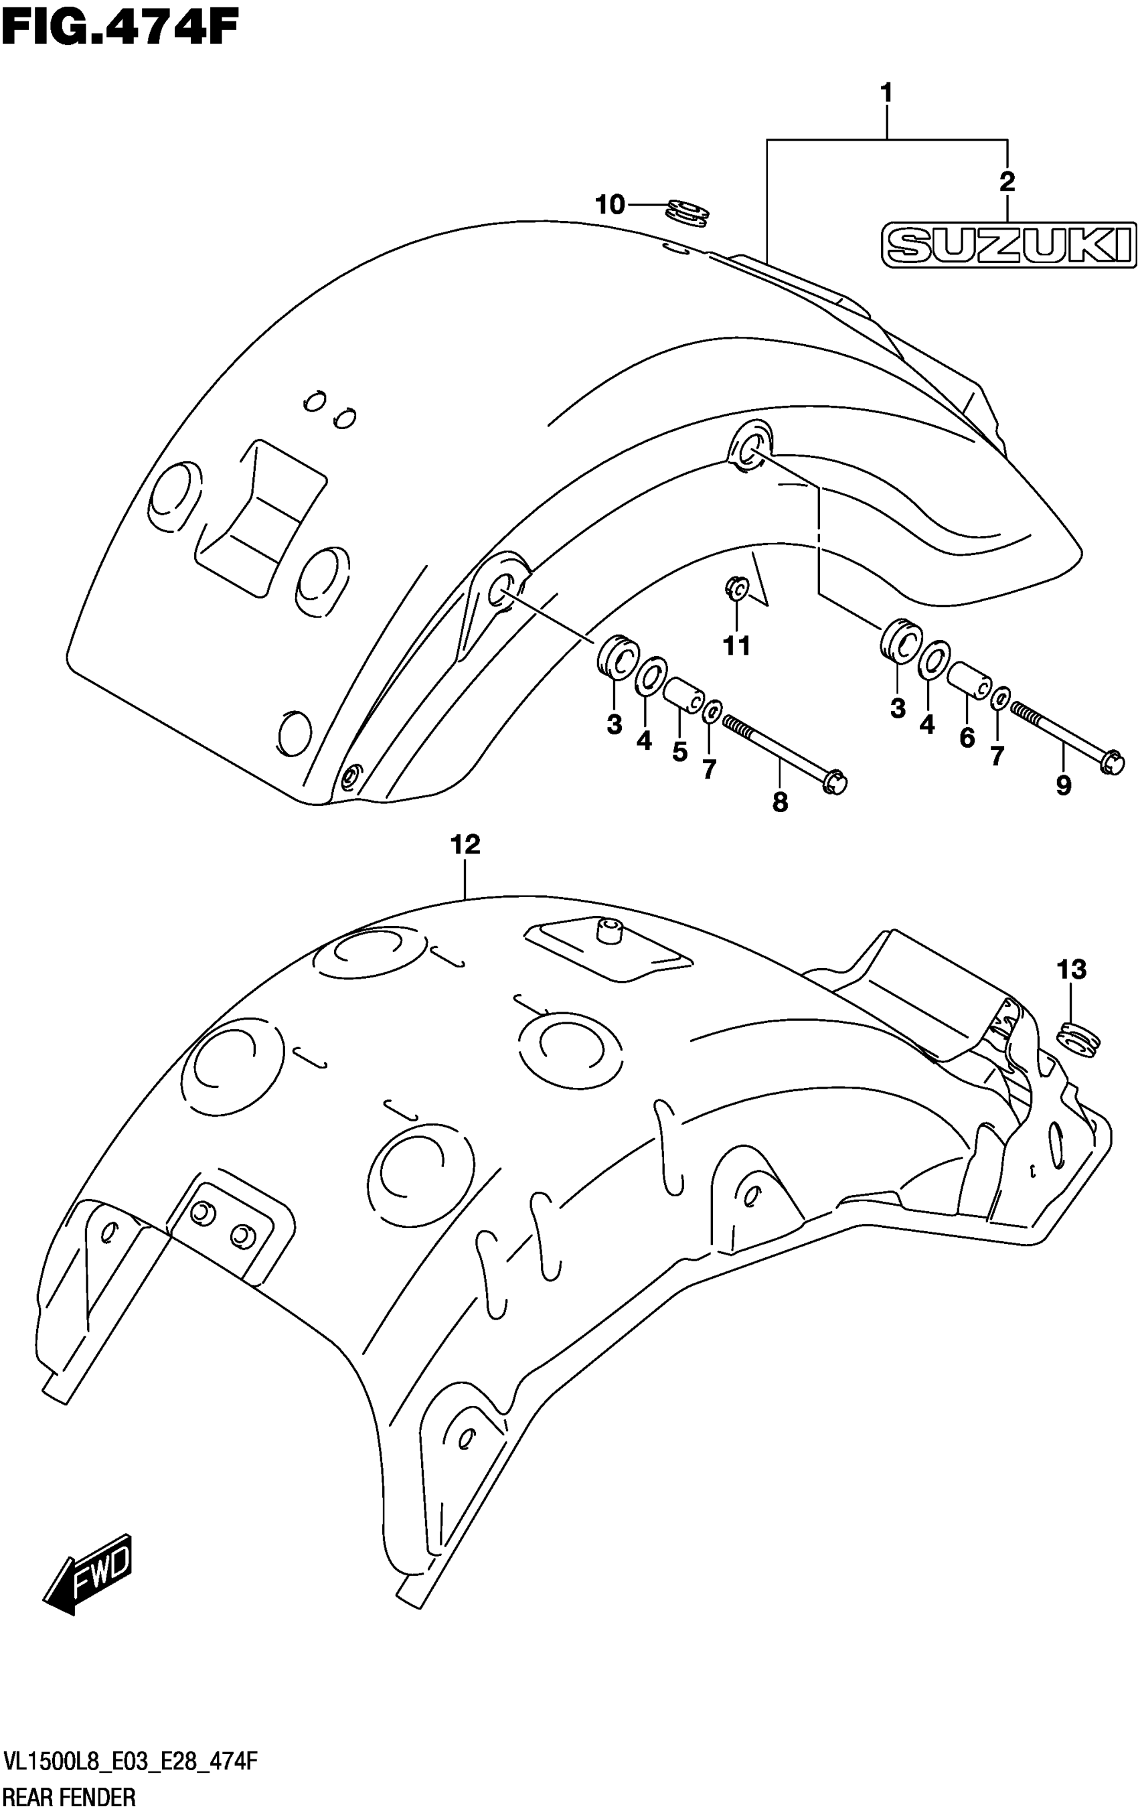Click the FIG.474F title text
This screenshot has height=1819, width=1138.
(120, 30)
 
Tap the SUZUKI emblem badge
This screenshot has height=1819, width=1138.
(1009, 244)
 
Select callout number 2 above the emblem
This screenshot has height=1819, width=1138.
(1007, 181)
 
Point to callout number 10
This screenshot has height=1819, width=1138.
(611, 204)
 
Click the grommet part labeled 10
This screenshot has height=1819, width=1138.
(689, 212)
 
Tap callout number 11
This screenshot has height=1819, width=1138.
(737, 645)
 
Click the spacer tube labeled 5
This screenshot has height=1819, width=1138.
(684, 694)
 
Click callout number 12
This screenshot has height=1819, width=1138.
(465, 844)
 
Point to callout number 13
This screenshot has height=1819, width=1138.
(1072, 969)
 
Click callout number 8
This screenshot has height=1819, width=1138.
(780, 802)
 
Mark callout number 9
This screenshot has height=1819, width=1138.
(1063, 786)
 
